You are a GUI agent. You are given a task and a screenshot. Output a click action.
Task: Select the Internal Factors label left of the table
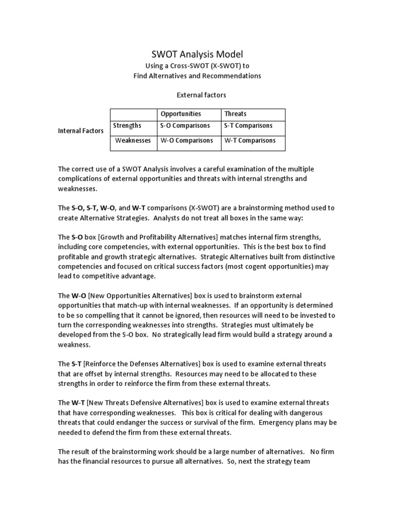coord(81,131)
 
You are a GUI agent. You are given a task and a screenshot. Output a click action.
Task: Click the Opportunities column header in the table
coord(181,114)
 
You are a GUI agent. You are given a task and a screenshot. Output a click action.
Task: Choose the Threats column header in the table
coord(235,114)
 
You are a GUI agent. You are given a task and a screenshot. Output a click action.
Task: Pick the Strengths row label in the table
coord(127,126)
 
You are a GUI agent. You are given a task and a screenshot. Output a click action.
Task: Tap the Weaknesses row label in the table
coord(133,140)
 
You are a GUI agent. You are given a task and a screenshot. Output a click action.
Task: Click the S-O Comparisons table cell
coord(185,126)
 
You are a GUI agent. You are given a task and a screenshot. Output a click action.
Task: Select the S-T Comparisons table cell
coord(248,126)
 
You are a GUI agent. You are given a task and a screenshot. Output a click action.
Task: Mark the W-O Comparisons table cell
coord(187,140)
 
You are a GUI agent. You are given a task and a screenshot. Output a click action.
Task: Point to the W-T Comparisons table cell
coord(250,140)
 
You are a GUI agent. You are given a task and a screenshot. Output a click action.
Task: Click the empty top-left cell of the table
coord(134,114)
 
